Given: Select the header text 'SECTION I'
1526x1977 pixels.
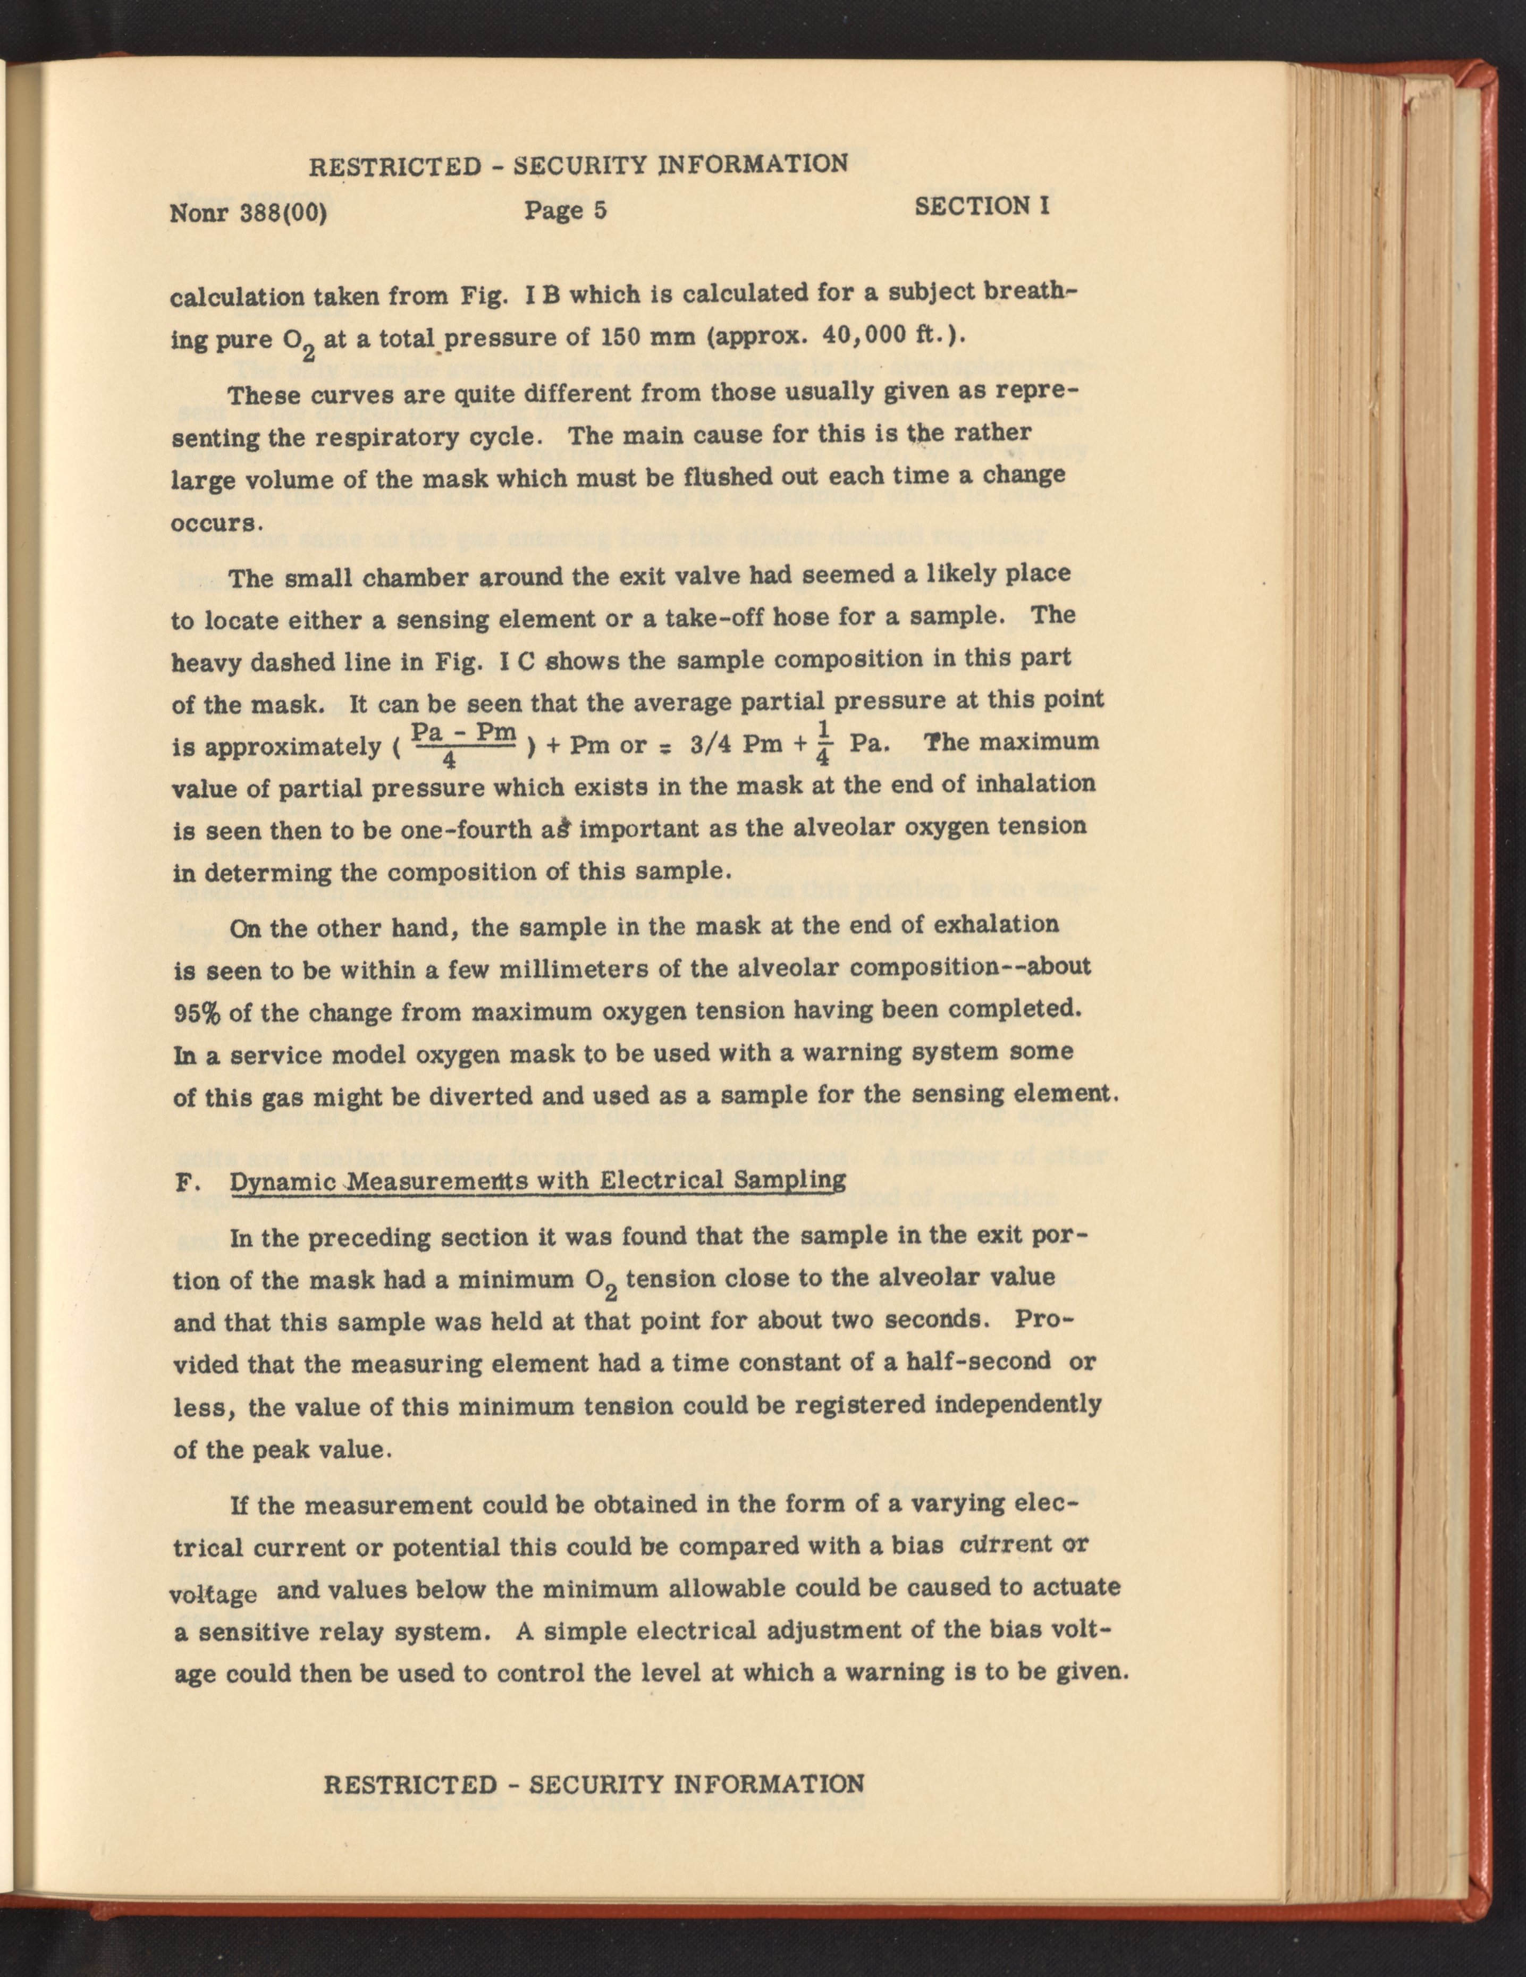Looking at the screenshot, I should tap(982, 206).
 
